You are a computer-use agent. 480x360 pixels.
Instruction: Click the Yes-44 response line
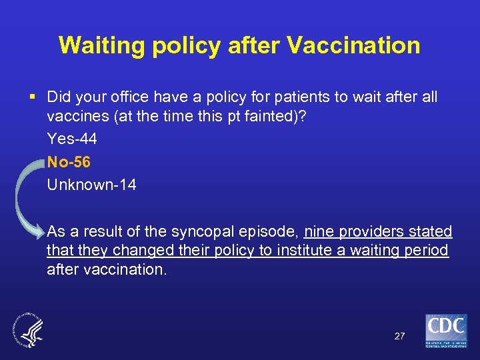pyautogui.click(x=72, y=139)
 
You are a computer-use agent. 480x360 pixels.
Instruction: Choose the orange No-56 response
pyautogui.click(x=69, y=162)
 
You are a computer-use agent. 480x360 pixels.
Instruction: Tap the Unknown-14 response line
pyautogui.click(x=91, y=185)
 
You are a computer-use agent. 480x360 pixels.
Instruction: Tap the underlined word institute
pyautogui.click(x=294, y=251)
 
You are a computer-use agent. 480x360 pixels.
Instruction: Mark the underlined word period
pyautogui.click(x=429, y=251)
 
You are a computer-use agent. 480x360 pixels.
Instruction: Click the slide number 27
pyautogui.click(x=399, y=336)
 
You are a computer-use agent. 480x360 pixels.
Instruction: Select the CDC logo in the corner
pyautogui.click(x=446, y=330)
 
